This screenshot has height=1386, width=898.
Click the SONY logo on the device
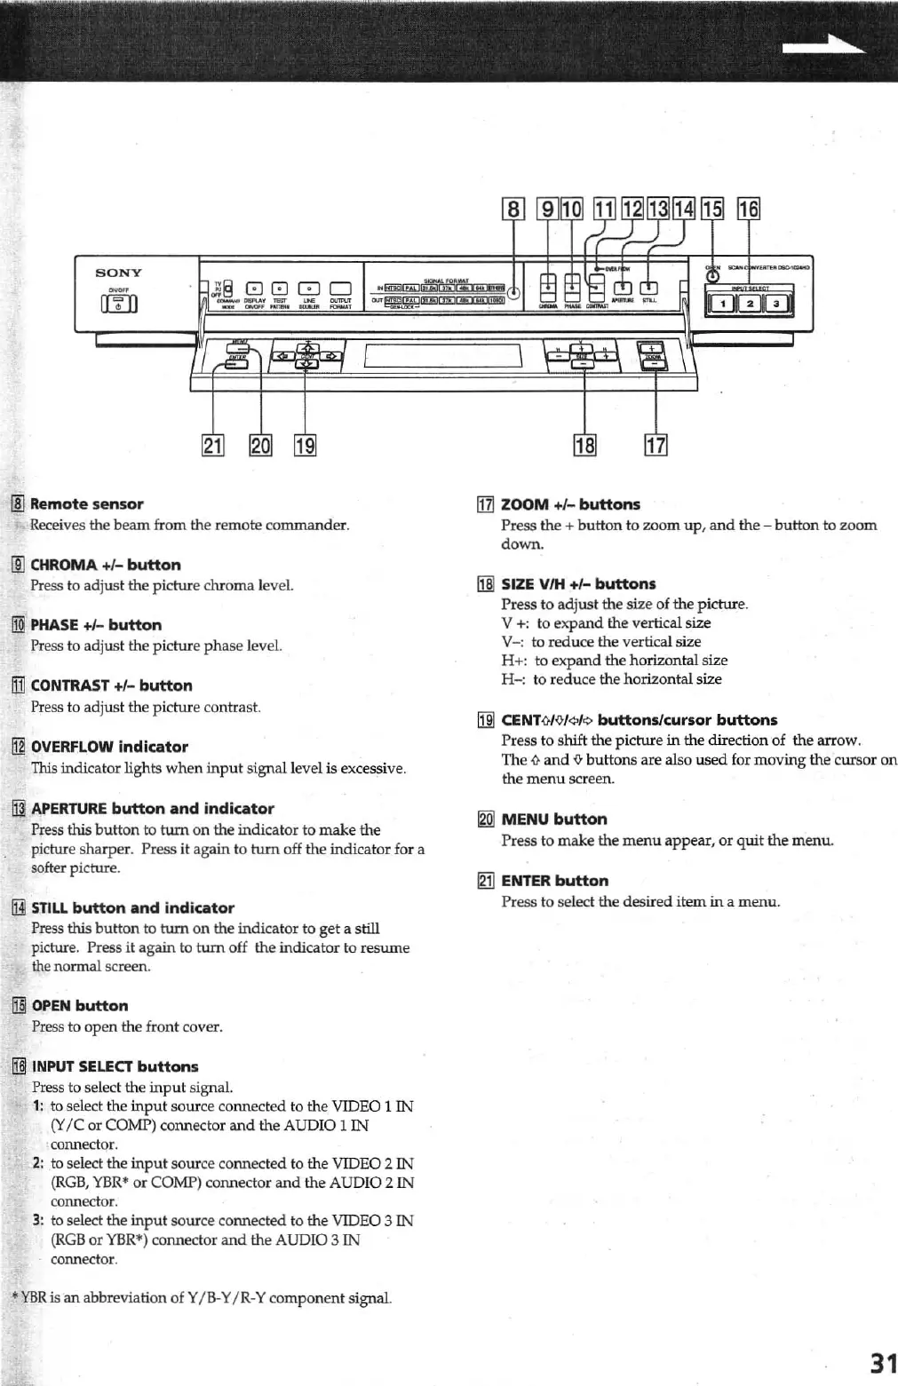click(x=118, y=273)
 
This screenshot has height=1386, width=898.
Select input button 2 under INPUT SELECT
click(x=750, y=305)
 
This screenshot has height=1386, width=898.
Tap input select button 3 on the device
click(x=777, y=305)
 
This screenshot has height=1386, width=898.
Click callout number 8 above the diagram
click(x=513, y=209)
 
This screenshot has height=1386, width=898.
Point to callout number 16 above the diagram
click(x=749, y=209)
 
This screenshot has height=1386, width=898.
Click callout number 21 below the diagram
click(x=213, y=444)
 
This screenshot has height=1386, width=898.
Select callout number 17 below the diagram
click(x=656, y=444)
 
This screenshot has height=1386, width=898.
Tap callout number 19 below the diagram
click(x=305, y=444)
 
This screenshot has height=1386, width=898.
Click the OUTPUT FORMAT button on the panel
click(x=341, y=288)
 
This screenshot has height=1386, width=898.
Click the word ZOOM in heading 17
click(x=525, y=504)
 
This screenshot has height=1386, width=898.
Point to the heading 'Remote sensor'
click(x=86, y=504)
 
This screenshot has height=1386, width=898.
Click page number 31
click(x=882, y=1363)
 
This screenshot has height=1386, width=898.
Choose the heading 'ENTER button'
click(x=554, y=881)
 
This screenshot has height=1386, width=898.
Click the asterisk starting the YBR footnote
click(x=15, y=1297)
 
